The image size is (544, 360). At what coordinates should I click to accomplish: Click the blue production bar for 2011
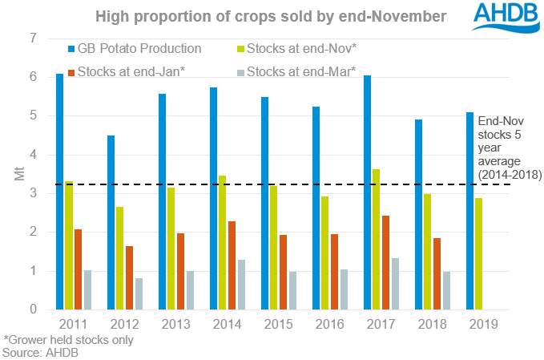click(60, 192)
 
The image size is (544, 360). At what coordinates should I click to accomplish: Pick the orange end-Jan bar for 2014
click(232, 265)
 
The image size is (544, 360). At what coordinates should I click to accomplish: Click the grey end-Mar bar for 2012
click(139, 293)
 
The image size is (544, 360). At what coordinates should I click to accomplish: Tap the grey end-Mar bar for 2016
click(344, 289)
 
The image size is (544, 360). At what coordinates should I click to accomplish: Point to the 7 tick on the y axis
click(33, 38)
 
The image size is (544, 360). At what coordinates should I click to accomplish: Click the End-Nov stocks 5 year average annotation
click(509, 148)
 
